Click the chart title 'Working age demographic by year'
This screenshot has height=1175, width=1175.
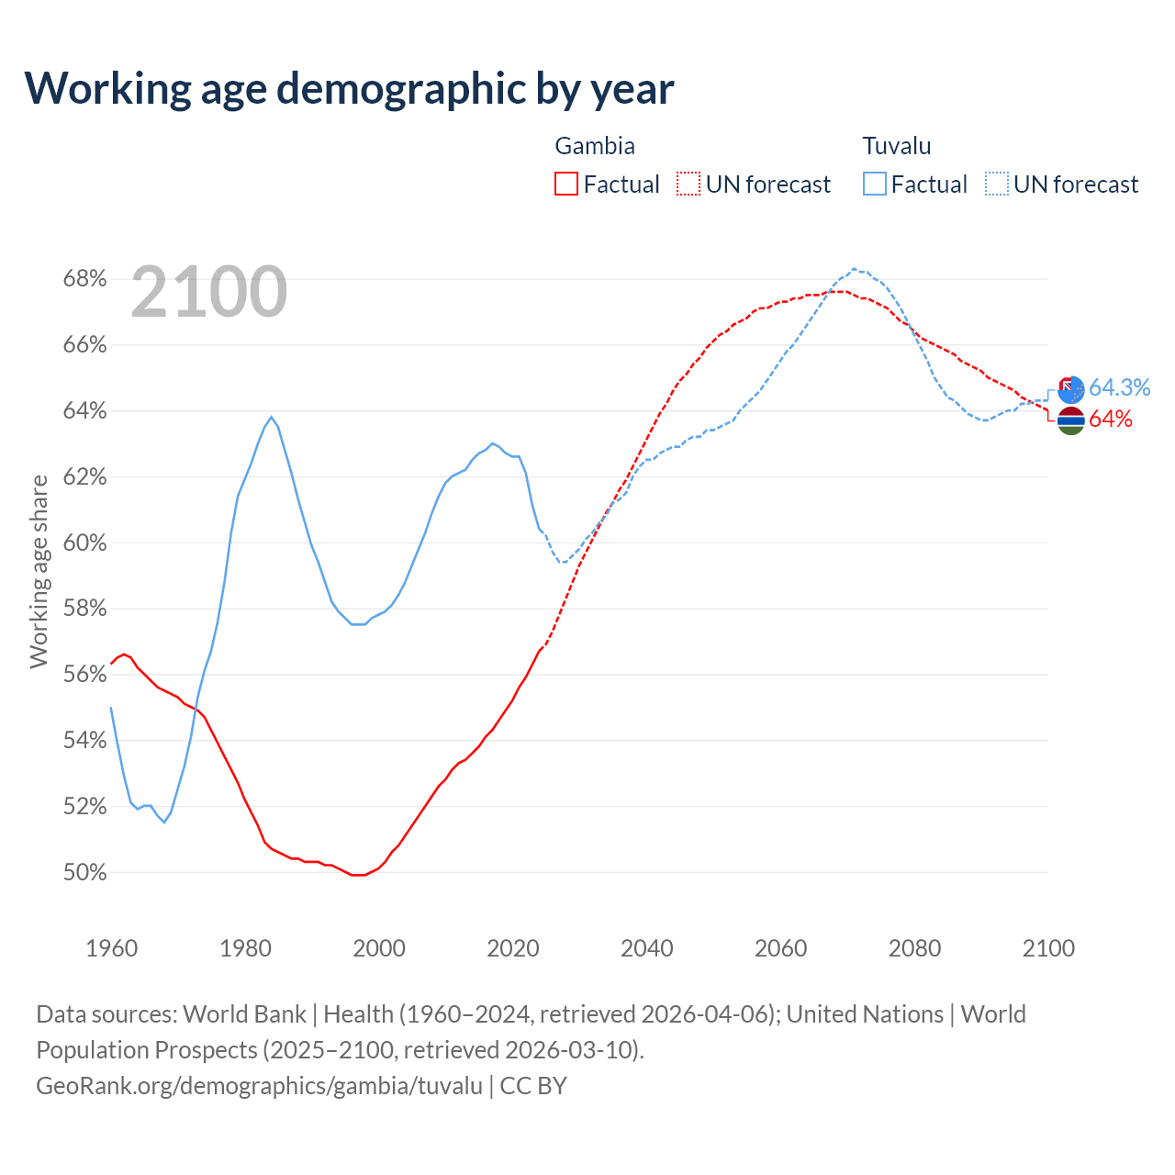(x=350, y=88)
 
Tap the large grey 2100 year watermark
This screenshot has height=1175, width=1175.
(x=209, y=292)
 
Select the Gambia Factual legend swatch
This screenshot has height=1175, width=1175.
(x=566, y=184)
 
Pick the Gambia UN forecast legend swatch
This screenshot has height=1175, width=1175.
(x=688, y=184)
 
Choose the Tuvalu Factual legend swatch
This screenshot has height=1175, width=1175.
(x=875, y=184)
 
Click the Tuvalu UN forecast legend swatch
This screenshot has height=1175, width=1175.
(x=997, y=184)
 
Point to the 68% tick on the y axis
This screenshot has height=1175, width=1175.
(x=84, y=278)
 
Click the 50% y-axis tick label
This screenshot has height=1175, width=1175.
(x=84, y=872)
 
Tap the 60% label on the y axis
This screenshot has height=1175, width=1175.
(x=84, y=543)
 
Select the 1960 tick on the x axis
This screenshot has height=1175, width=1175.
(x=111, y=947)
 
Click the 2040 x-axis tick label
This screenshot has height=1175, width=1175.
(x=646, y=947)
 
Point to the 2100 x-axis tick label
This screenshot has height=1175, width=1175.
(x=1047, y=947)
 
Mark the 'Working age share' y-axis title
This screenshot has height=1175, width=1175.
(x=39, y=571)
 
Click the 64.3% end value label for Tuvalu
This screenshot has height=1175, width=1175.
(x=1119, y=387)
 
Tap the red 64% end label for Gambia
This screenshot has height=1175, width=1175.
(x=1111, y=420)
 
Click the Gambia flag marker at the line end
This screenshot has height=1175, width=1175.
(x=1071, y=420)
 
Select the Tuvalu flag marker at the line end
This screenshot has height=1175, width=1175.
(x=1071, y=389)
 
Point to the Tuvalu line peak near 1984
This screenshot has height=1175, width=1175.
(x=271, y=417)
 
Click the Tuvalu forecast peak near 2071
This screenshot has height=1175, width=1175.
(x=855, y=269)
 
